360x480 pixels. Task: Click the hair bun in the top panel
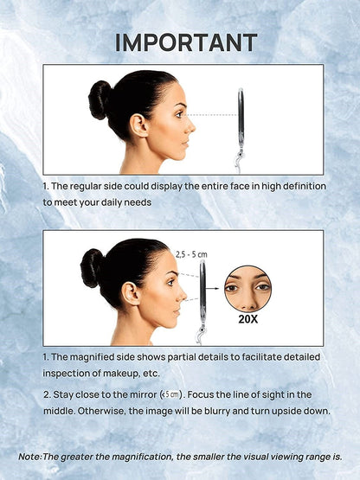pyautogui.click(x=100, y=99)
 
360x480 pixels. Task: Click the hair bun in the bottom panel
pyautogui.click(x=92, y=267)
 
